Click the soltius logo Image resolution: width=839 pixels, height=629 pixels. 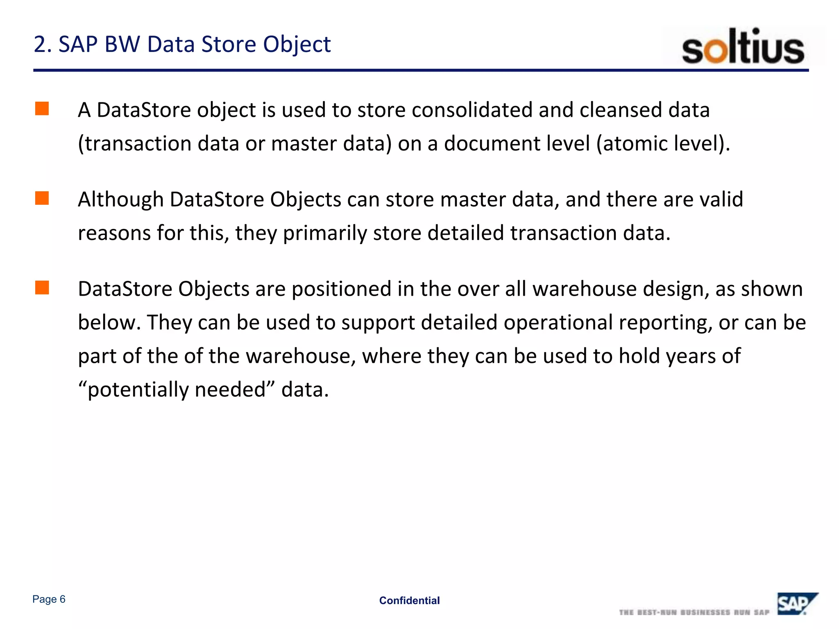tap(743, 46)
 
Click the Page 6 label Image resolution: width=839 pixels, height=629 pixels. tap(49, 599)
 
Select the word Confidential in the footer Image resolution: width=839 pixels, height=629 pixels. tap(409, 600)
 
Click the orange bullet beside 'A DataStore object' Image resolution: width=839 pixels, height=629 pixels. tap(42, 109)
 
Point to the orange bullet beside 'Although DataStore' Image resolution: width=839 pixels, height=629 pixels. tap(42, 198)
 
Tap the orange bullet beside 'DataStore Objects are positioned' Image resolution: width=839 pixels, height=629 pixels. tap(42, 287)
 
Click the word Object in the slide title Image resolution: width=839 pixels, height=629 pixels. tap(297, 44)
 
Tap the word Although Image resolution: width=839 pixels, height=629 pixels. tap(120, 200)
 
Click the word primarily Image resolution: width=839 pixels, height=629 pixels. tap(325, 233)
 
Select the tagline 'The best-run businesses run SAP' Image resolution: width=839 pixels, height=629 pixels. tap(694, 612)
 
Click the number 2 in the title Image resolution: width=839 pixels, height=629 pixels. tap(40, 44)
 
